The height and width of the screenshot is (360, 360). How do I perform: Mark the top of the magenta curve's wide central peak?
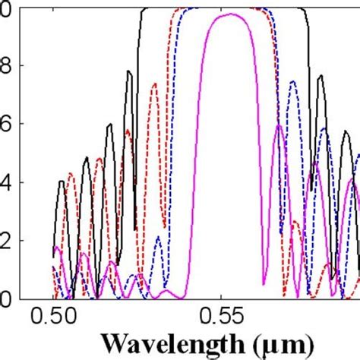(229, 14)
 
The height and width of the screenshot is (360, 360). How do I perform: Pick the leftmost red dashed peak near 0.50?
(71, 173)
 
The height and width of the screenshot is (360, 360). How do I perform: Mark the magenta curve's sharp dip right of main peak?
(263, 283)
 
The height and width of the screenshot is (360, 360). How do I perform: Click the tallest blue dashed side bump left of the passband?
(158, 237)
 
